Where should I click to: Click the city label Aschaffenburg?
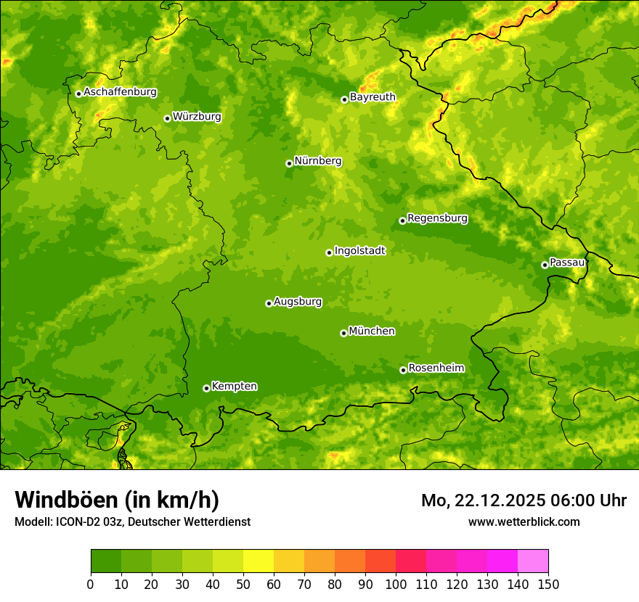click(x=120, y=92)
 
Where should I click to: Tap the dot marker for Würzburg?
click(x=167, y=118)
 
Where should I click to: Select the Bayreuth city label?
click(x=373, y=96)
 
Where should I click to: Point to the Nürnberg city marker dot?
click(x=289, y=163)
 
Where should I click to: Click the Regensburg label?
click(x=437, y=218)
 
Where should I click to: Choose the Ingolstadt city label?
click(x=359, y=250)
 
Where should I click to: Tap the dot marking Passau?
click(x=545, y=265)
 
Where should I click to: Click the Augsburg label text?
click(x=297, y=301)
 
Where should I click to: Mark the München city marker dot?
click(x=343, y=333)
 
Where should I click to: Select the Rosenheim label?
click(x=436, y=368)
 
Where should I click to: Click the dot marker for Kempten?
click(x=206, y=388)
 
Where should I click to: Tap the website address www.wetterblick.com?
click(x=524, y=521)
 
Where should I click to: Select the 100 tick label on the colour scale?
click(x=396, y=584)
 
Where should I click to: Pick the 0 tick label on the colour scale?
click(x=91, y=584)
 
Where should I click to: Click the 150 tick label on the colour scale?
click(x=548, y=584)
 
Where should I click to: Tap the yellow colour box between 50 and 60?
click(x=259, y=561)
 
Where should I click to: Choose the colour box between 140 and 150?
click(x=533, y=561)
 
